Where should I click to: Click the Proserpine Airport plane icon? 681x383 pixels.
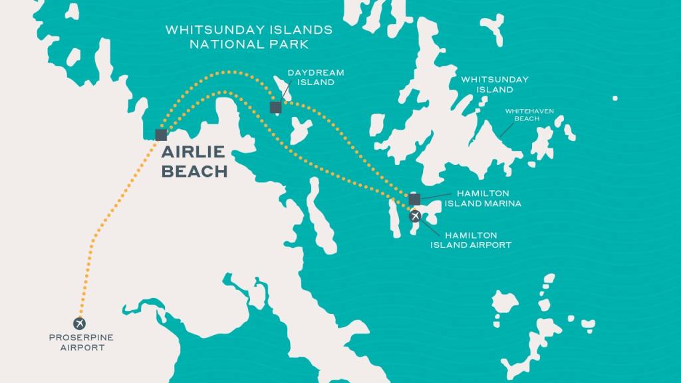coord(80,323)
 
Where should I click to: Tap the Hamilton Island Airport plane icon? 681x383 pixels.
coord(415,216)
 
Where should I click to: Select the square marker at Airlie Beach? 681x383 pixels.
coord(160,135)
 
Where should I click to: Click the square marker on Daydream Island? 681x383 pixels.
coord(275,107)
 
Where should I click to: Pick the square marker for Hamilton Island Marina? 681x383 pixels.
coord(414,199)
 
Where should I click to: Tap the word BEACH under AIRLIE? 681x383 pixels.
coord(194,171)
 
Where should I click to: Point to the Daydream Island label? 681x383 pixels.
coord(311,77)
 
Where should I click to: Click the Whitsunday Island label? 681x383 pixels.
coord(495,84)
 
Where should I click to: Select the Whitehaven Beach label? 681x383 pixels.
coord(529,114)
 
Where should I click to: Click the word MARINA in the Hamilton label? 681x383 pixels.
coord(503,203)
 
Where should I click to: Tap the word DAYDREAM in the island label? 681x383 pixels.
coord(311,72)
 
